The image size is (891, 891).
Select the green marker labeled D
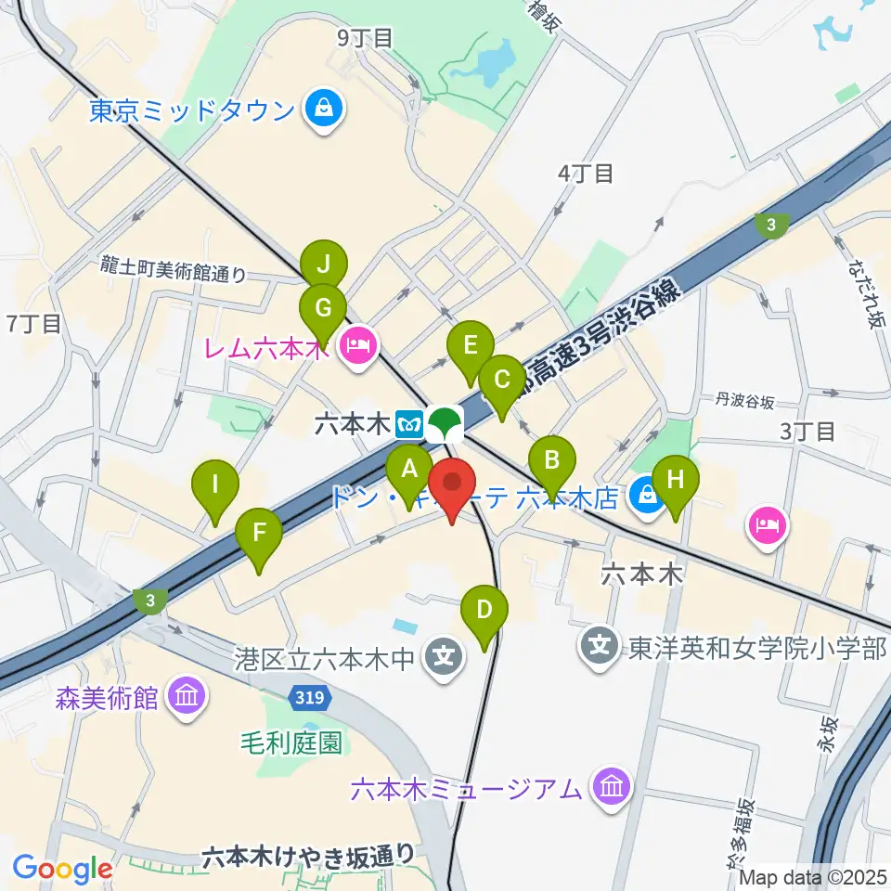[x=484, y=612]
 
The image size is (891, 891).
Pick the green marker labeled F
[x=259, y=536]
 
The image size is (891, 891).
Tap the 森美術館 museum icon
[x=187, y=696]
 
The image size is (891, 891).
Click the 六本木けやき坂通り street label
[x=307, y=855]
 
